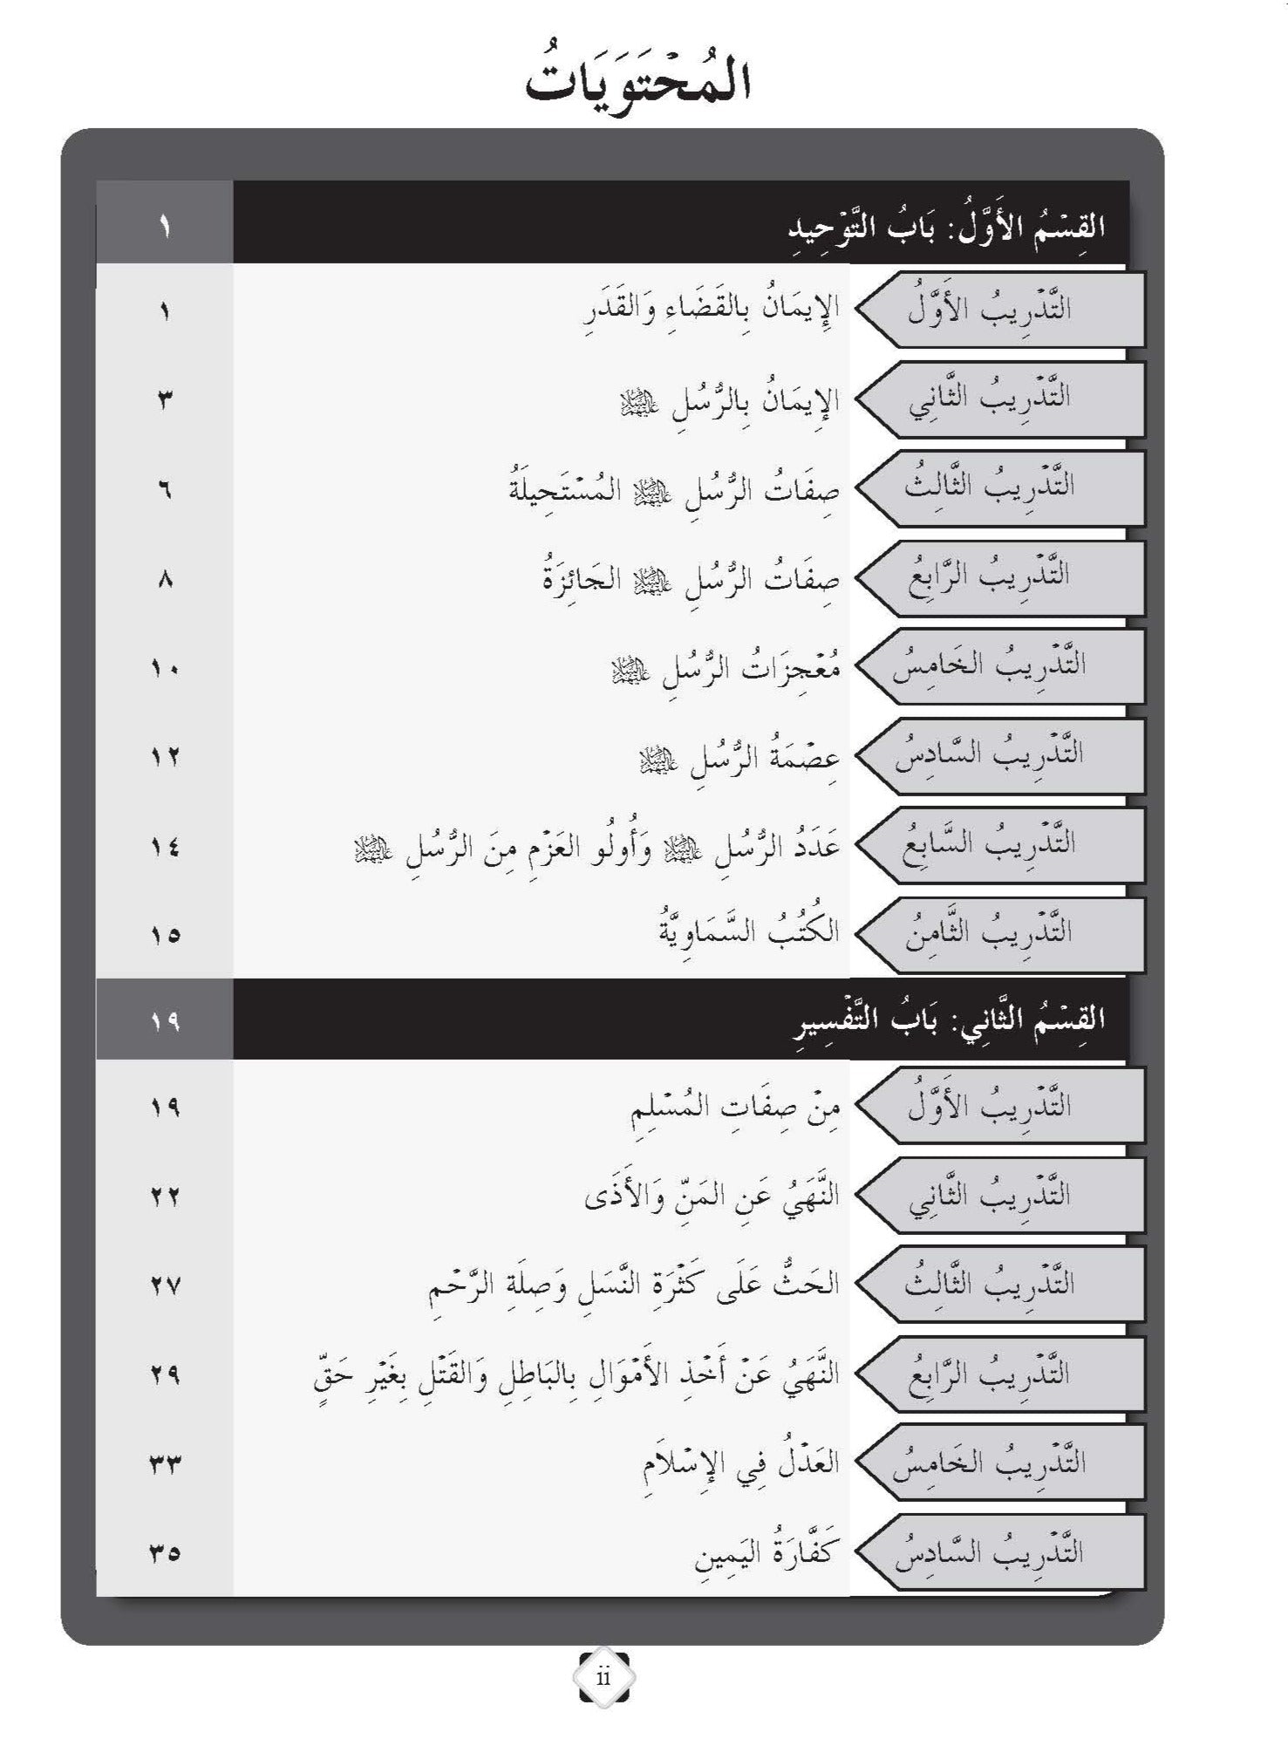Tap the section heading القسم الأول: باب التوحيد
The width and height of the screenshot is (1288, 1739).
(946, 226)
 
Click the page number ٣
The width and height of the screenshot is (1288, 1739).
(165, 400)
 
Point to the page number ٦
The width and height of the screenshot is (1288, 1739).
(165, 490)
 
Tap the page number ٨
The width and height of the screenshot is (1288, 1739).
(165, 579)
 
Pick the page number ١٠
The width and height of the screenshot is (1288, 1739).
(165, 669)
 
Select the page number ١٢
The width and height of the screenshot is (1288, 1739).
(165, 757)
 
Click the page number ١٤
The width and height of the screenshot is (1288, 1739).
(165, 846)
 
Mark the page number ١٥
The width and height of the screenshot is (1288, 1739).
(165, 935)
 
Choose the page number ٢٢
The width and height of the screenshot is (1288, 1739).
(165, 1197)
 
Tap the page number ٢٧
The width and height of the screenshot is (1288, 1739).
(165, 1285)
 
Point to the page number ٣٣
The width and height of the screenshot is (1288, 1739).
(165, 1463)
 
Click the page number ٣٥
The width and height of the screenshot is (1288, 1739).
(165, 1552)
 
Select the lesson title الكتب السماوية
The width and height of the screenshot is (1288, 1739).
(749, 931)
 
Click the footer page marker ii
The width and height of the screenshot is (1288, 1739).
(603, 1677)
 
